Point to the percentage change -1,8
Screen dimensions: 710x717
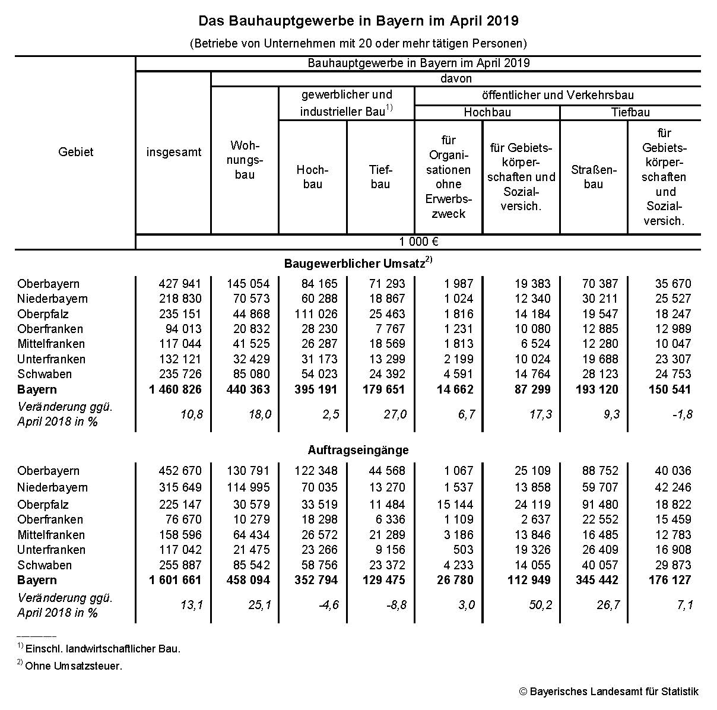(x=682, y=414)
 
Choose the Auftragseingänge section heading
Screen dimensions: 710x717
(x=358, y=450)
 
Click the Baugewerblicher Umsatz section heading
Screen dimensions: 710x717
(x=358, y=262)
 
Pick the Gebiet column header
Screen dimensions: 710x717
(x=75, y=152)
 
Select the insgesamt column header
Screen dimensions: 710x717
(x=174, y=152)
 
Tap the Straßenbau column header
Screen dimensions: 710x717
(x=594, y=177)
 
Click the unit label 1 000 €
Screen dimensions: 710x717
(x=418, y=242)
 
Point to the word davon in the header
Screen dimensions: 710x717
(x=456, y=78)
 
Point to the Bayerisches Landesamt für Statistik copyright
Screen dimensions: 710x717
(x=608, y=692)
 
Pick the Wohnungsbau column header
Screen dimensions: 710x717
(x=245, y=160)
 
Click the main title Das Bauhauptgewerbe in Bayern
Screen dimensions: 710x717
(x=358, y=21)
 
